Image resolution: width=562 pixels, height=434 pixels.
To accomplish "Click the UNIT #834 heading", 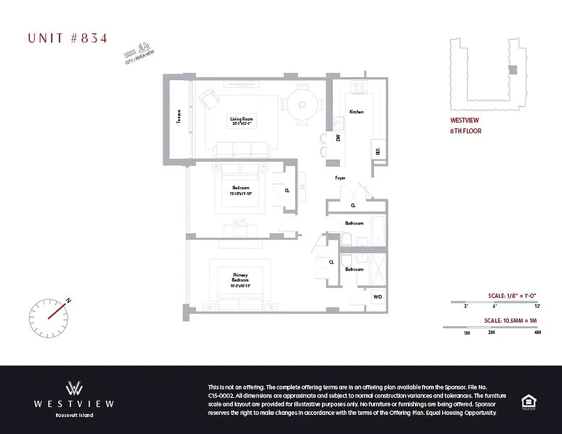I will click(68, 38).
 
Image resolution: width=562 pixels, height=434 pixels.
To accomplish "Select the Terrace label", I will click(179, 117).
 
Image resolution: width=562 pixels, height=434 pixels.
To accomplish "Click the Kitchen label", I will click(356, 112).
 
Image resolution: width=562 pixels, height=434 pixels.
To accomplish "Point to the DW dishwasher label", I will click(338, 138).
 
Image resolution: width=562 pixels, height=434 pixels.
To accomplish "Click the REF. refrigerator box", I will click(377, 152).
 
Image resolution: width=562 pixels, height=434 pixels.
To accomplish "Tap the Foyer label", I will click(340, 178).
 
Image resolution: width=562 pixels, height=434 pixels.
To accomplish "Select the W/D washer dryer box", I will click(378, 297).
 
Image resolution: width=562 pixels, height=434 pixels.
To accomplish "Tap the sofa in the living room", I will click(242, 150).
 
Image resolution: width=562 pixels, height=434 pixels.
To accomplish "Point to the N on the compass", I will click(68, 300).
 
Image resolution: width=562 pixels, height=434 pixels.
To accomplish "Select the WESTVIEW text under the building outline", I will click(464, 121).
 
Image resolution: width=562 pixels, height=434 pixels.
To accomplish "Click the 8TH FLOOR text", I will click(465, 131).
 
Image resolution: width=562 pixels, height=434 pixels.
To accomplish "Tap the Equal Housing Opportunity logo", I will click(528, 402).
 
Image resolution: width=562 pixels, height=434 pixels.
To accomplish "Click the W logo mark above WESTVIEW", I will click(74, 388).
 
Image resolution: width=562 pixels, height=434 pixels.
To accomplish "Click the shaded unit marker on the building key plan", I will click(512, 69).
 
